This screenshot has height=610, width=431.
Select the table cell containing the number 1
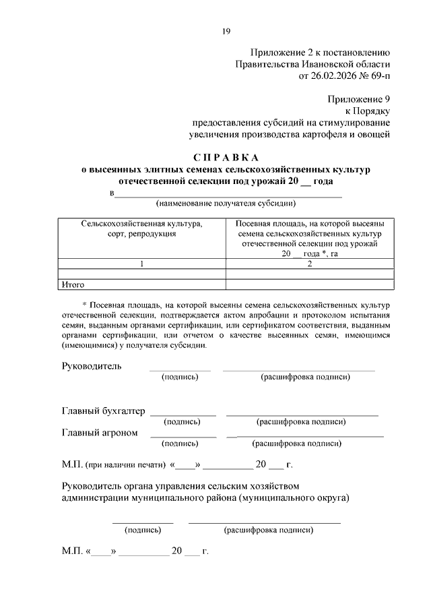pos(142,264)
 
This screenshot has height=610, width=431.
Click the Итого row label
pos(72,284)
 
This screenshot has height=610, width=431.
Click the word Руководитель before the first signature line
pos(92,366)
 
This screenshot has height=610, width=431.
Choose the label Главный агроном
pos(100,433)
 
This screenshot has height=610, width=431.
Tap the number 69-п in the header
pos(376,76)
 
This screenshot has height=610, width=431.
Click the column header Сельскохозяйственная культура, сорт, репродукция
pos(141,228)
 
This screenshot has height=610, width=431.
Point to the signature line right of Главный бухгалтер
pos(183,414)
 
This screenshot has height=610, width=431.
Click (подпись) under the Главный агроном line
pos(180,444)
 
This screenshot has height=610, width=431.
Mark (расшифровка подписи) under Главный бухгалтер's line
pos(301,422)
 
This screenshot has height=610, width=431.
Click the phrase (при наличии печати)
pos(126,465)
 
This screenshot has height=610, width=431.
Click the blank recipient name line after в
pos(229,195)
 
